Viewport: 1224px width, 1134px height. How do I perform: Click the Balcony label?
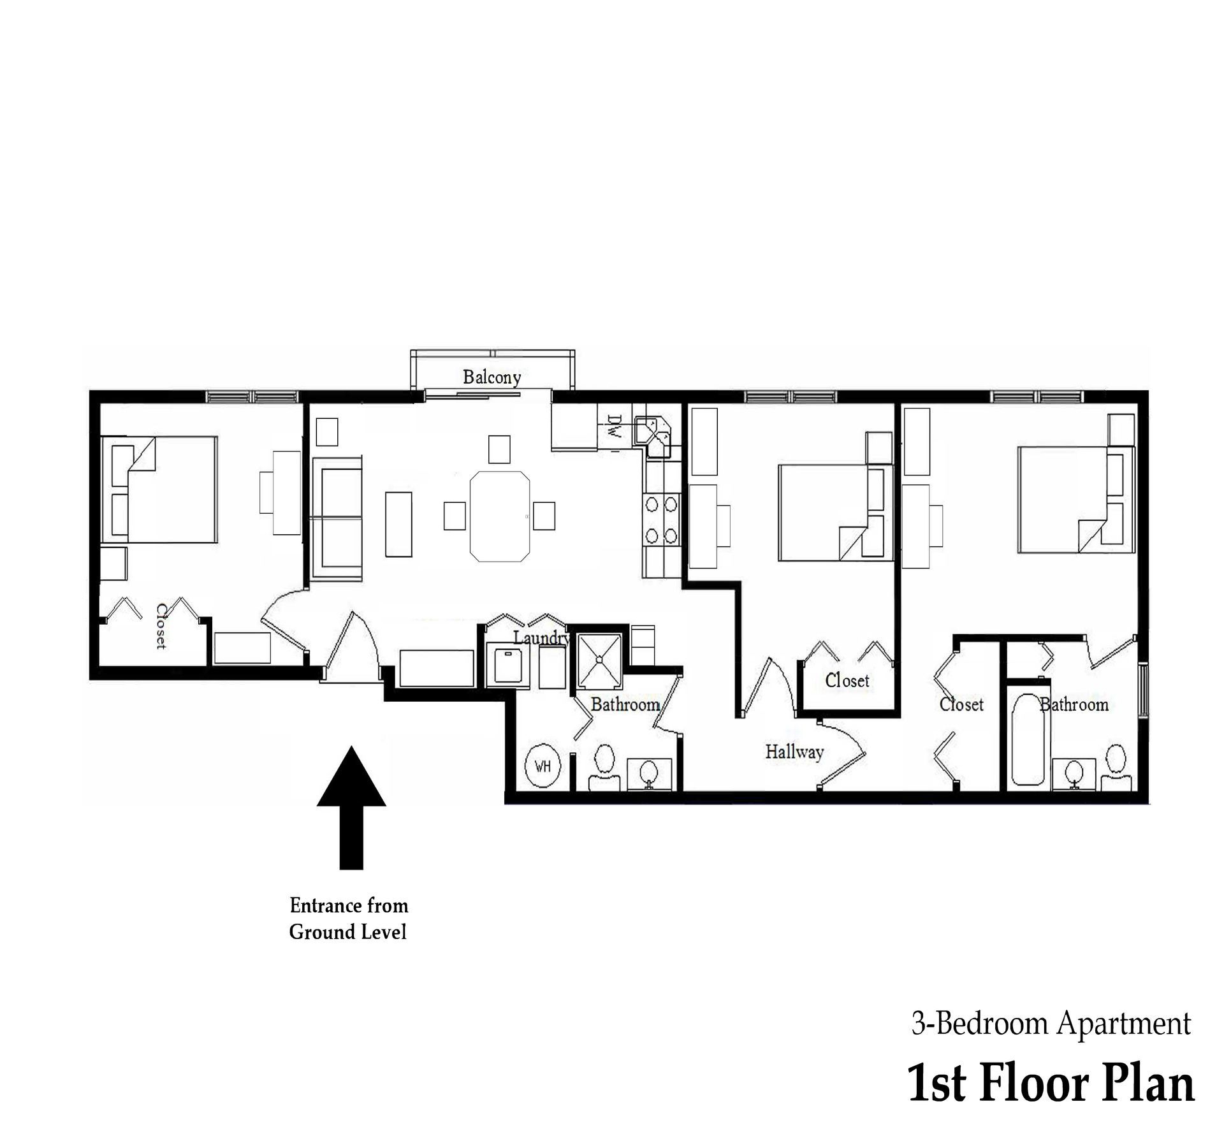(492, 377)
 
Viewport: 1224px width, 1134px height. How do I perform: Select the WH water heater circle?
(543, 766)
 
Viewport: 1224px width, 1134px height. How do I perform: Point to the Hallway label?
(794, 752)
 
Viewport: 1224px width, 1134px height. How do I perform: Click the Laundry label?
(541, 637)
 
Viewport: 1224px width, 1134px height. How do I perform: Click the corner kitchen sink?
(655, 436)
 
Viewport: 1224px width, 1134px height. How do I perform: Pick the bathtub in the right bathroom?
(1028, 742)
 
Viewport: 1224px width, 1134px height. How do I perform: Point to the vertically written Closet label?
(162, 626)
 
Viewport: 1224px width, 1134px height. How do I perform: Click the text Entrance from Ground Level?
(348, 919)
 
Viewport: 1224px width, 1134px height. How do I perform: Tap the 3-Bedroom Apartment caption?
(1051, 1024)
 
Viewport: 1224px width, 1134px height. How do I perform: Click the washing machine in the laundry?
(507, 665)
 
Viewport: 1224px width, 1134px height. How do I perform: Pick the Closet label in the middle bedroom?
(847, 681)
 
